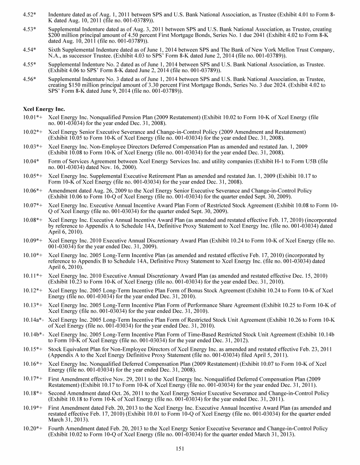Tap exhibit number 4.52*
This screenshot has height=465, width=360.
coord(30,15)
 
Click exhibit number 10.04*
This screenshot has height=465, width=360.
coord(31,161)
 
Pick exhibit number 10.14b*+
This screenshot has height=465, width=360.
coord(34,333)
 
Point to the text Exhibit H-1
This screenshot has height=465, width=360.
coord(274,161)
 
